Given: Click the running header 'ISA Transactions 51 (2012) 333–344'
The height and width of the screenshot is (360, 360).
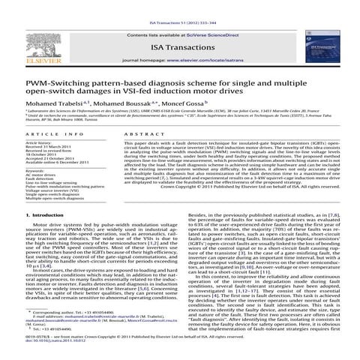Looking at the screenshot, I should (179, 5).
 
